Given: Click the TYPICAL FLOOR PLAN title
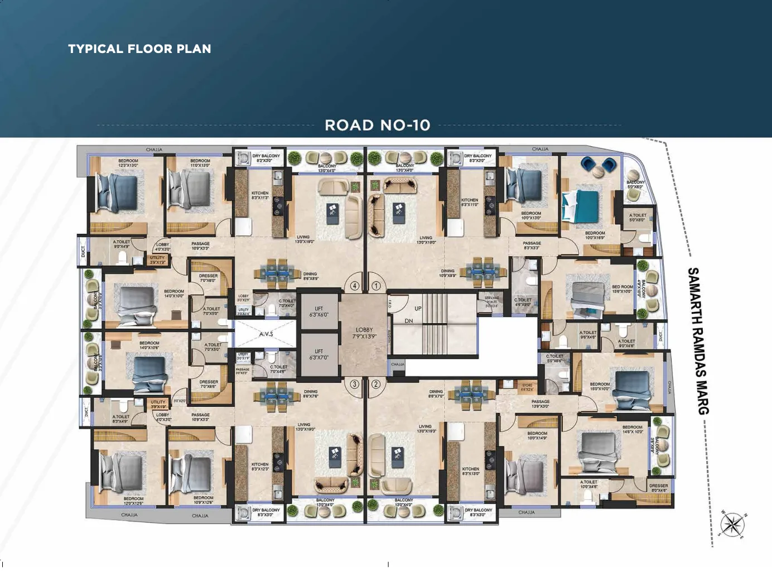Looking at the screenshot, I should point(139,49).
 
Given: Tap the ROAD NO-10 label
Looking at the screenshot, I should point(378,125).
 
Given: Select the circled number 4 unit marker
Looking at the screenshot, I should point(355,286).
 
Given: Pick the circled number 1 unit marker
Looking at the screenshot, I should point(376,286).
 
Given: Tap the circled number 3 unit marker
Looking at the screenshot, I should point(354,384).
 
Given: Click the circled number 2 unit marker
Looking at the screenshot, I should point(376,384).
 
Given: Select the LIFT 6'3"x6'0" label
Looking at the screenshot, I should point(319,311).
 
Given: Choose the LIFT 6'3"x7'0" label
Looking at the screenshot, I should point(319,354).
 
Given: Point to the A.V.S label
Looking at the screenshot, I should point(266,334).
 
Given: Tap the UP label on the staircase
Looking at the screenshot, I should point(418,309).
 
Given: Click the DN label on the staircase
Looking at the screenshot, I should point(409,321).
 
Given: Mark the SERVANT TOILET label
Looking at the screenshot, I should point(491,302).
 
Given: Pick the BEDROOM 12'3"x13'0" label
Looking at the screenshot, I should point(128,163).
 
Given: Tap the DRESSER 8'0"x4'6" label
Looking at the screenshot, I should point(658,488).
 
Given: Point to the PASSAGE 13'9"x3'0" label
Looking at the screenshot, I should point(540,403).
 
